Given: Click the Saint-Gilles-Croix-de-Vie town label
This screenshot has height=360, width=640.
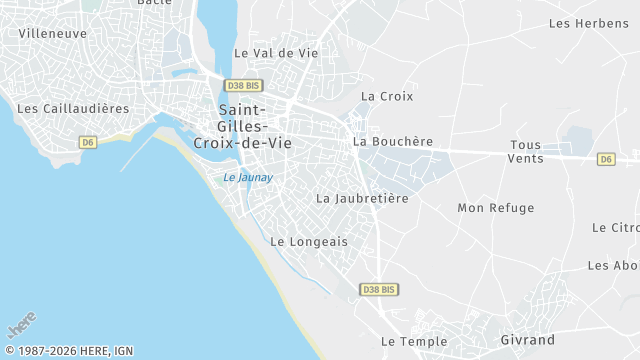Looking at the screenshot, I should (x=242, y=127).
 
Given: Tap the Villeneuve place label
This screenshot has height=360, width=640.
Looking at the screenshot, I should (x=53, y=33).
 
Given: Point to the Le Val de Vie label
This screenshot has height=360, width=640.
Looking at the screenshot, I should (x=276, y=53).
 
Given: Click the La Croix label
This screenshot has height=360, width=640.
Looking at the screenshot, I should (x=387, y=97).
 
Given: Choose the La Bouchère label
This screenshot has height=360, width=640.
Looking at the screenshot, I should (x=393, y=142).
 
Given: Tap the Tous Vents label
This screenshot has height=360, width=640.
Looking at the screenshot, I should (x=526, y=152).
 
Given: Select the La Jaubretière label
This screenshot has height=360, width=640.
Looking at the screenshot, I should (x=363, y=198).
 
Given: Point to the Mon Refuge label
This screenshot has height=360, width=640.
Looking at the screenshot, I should (x=496, y=208).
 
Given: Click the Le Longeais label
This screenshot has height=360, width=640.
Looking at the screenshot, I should (x=309, y=241).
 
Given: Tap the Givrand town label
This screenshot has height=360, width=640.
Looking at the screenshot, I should (x=527, y=340).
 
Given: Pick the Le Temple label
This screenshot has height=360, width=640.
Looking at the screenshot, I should (x=414, y=341).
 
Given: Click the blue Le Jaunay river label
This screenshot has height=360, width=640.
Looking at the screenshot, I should (x=248, y=178).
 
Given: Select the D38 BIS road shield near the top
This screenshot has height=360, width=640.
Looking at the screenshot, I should (x=243, y=86).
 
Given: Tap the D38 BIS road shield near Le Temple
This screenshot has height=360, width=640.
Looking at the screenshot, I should (x=379, y=289).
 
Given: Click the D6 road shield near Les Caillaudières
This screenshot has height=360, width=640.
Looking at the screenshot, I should (x=88, y=142).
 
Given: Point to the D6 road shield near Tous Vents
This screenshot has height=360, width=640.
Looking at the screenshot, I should (x=606, y=159).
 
